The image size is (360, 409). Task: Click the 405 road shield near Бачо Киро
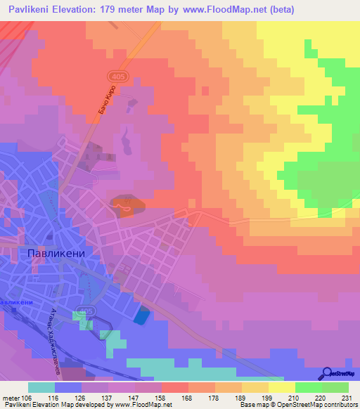pos(117,74)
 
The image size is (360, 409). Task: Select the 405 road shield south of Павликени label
pos(87,310)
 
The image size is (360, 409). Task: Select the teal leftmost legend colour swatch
pos(41,387)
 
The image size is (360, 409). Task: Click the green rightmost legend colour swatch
pos(335,387)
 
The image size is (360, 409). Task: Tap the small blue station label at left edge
pos(17,301)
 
